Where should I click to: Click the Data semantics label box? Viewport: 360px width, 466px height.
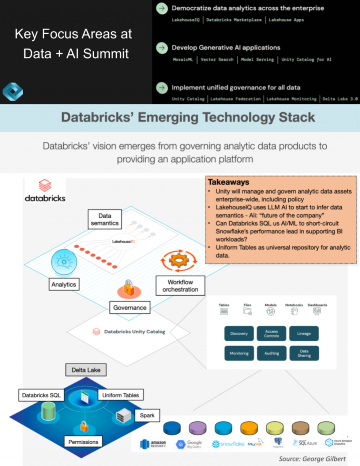pyautogui.click(x=105, y=219)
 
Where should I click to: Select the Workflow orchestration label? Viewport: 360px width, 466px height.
pyautogui.click(x=180, y=286)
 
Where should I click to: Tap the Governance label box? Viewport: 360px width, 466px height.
pyautogui.click(x=129, y=308)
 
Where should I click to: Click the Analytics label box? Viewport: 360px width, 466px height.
pyautogui.click(x=63, y=284)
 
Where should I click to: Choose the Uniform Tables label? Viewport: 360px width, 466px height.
pyautogui.click(x=120, y=395)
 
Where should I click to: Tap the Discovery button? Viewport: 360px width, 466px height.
pyautogui.click(x=239, y=333)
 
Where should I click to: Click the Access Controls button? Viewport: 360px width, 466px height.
pyautogui.click(x=271, y=333)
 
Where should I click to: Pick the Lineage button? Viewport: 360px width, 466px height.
pyautogui.click(x=304, y=333)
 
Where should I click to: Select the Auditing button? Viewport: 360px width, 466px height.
pyautogui.click(x=271, y=353)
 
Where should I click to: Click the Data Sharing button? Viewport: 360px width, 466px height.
pyautogui.click(x=304, y=353)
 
